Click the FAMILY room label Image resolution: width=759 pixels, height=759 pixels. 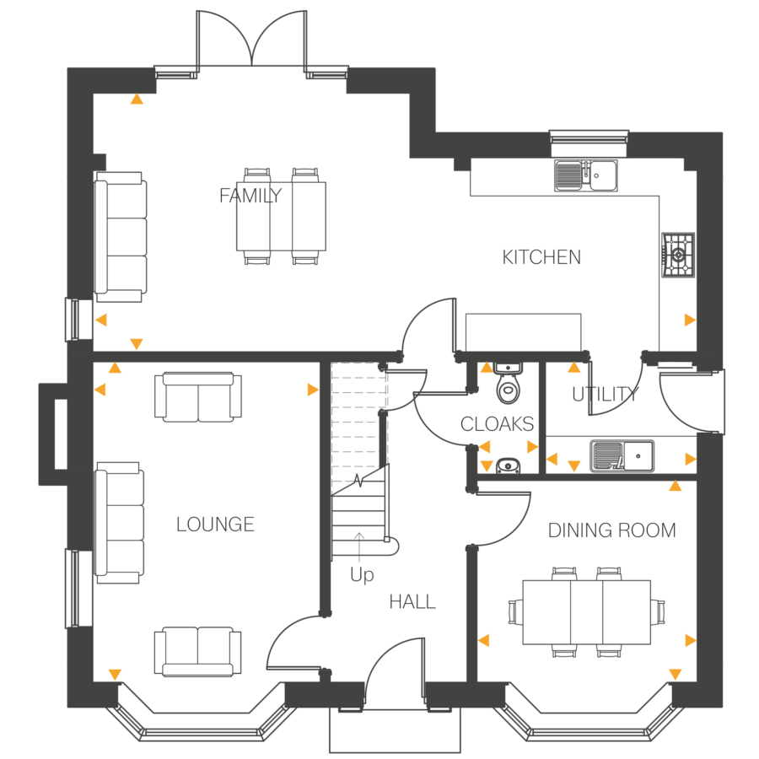coord(250,196)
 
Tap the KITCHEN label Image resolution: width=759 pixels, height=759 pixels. coord(541,257)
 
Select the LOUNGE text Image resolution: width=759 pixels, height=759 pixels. coord(215,525)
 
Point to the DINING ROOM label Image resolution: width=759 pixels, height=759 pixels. coord(611,530)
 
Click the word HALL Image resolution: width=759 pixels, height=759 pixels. coord(412,602)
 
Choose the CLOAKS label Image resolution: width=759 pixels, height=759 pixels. coord(497,423)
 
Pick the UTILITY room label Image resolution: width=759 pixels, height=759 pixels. coord(603,394)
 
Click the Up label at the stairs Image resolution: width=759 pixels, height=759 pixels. coord(362,576)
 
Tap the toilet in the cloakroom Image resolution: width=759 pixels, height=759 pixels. coord(508,385)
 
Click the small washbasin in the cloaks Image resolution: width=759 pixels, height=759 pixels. coord(508,465)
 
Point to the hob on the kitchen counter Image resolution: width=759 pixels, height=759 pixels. coord(677,254)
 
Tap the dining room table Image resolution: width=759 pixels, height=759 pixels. coord(587,611)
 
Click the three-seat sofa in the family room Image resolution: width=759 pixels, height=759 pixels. coord(121,237)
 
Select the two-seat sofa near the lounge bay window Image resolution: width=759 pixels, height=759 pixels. coord(198,650)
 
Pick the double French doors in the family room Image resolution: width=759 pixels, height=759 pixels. coord(251,40)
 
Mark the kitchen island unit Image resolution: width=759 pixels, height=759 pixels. coord(524,331)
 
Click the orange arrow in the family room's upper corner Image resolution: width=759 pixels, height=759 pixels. coord(137,99)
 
